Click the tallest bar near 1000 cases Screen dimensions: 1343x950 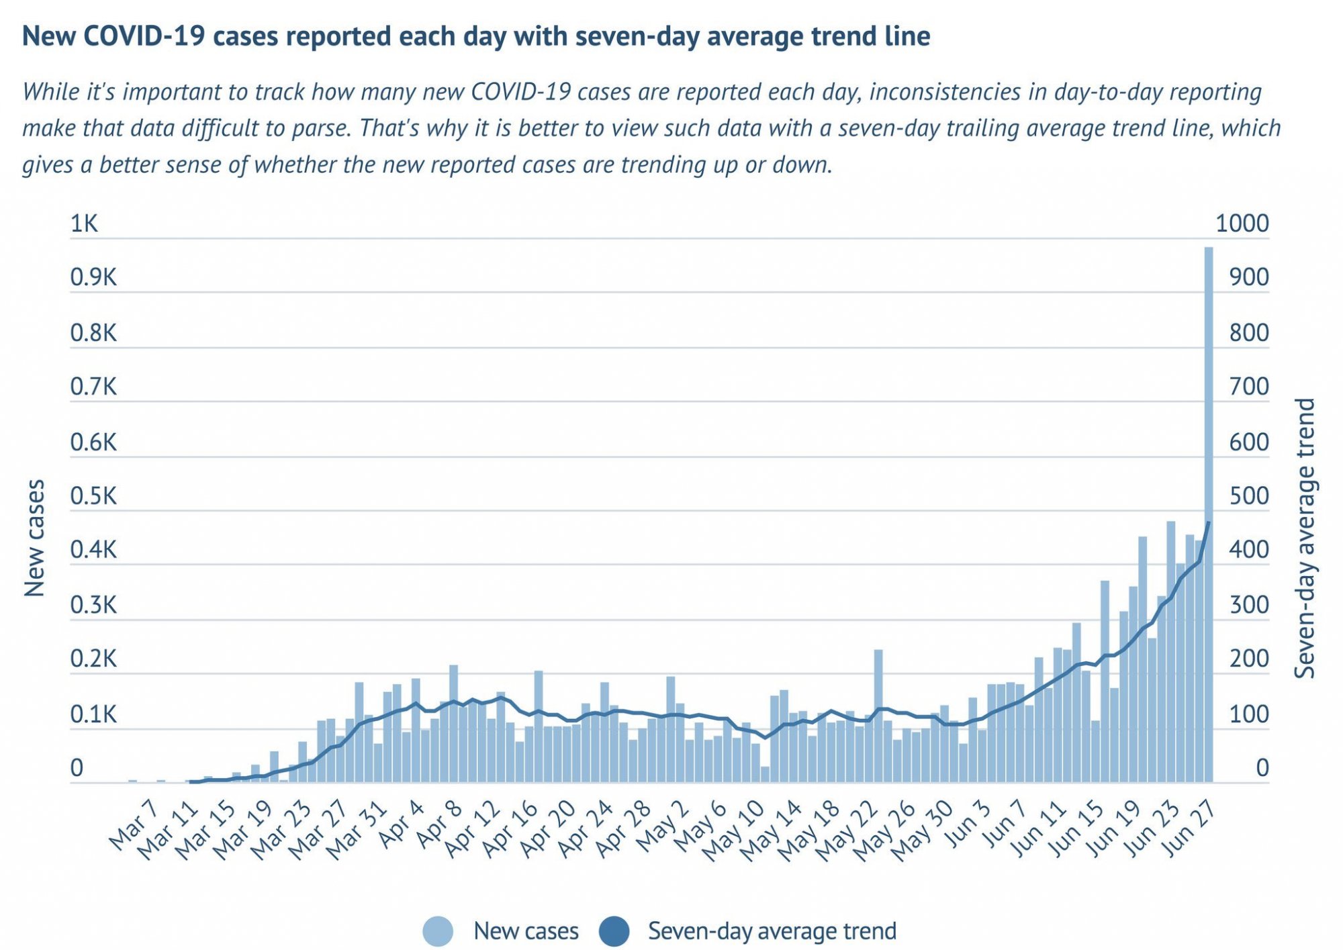(1209, 514)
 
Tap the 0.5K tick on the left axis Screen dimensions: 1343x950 (93, 496)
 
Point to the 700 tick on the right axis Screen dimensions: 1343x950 (1249, 387)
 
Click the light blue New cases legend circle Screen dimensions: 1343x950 (438, 931)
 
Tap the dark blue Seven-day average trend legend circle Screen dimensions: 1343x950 (613, 931)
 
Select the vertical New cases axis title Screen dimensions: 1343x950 (34, 538)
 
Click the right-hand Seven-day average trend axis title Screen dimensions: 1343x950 (1304, 538)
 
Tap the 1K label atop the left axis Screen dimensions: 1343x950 (85, 224)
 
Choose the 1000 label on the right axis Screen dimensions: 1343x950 (1242, 224)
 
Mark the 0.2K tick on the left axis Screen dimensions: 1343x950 (93, 659)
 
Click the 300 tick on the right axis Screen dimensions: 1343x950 (1249, 605)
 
